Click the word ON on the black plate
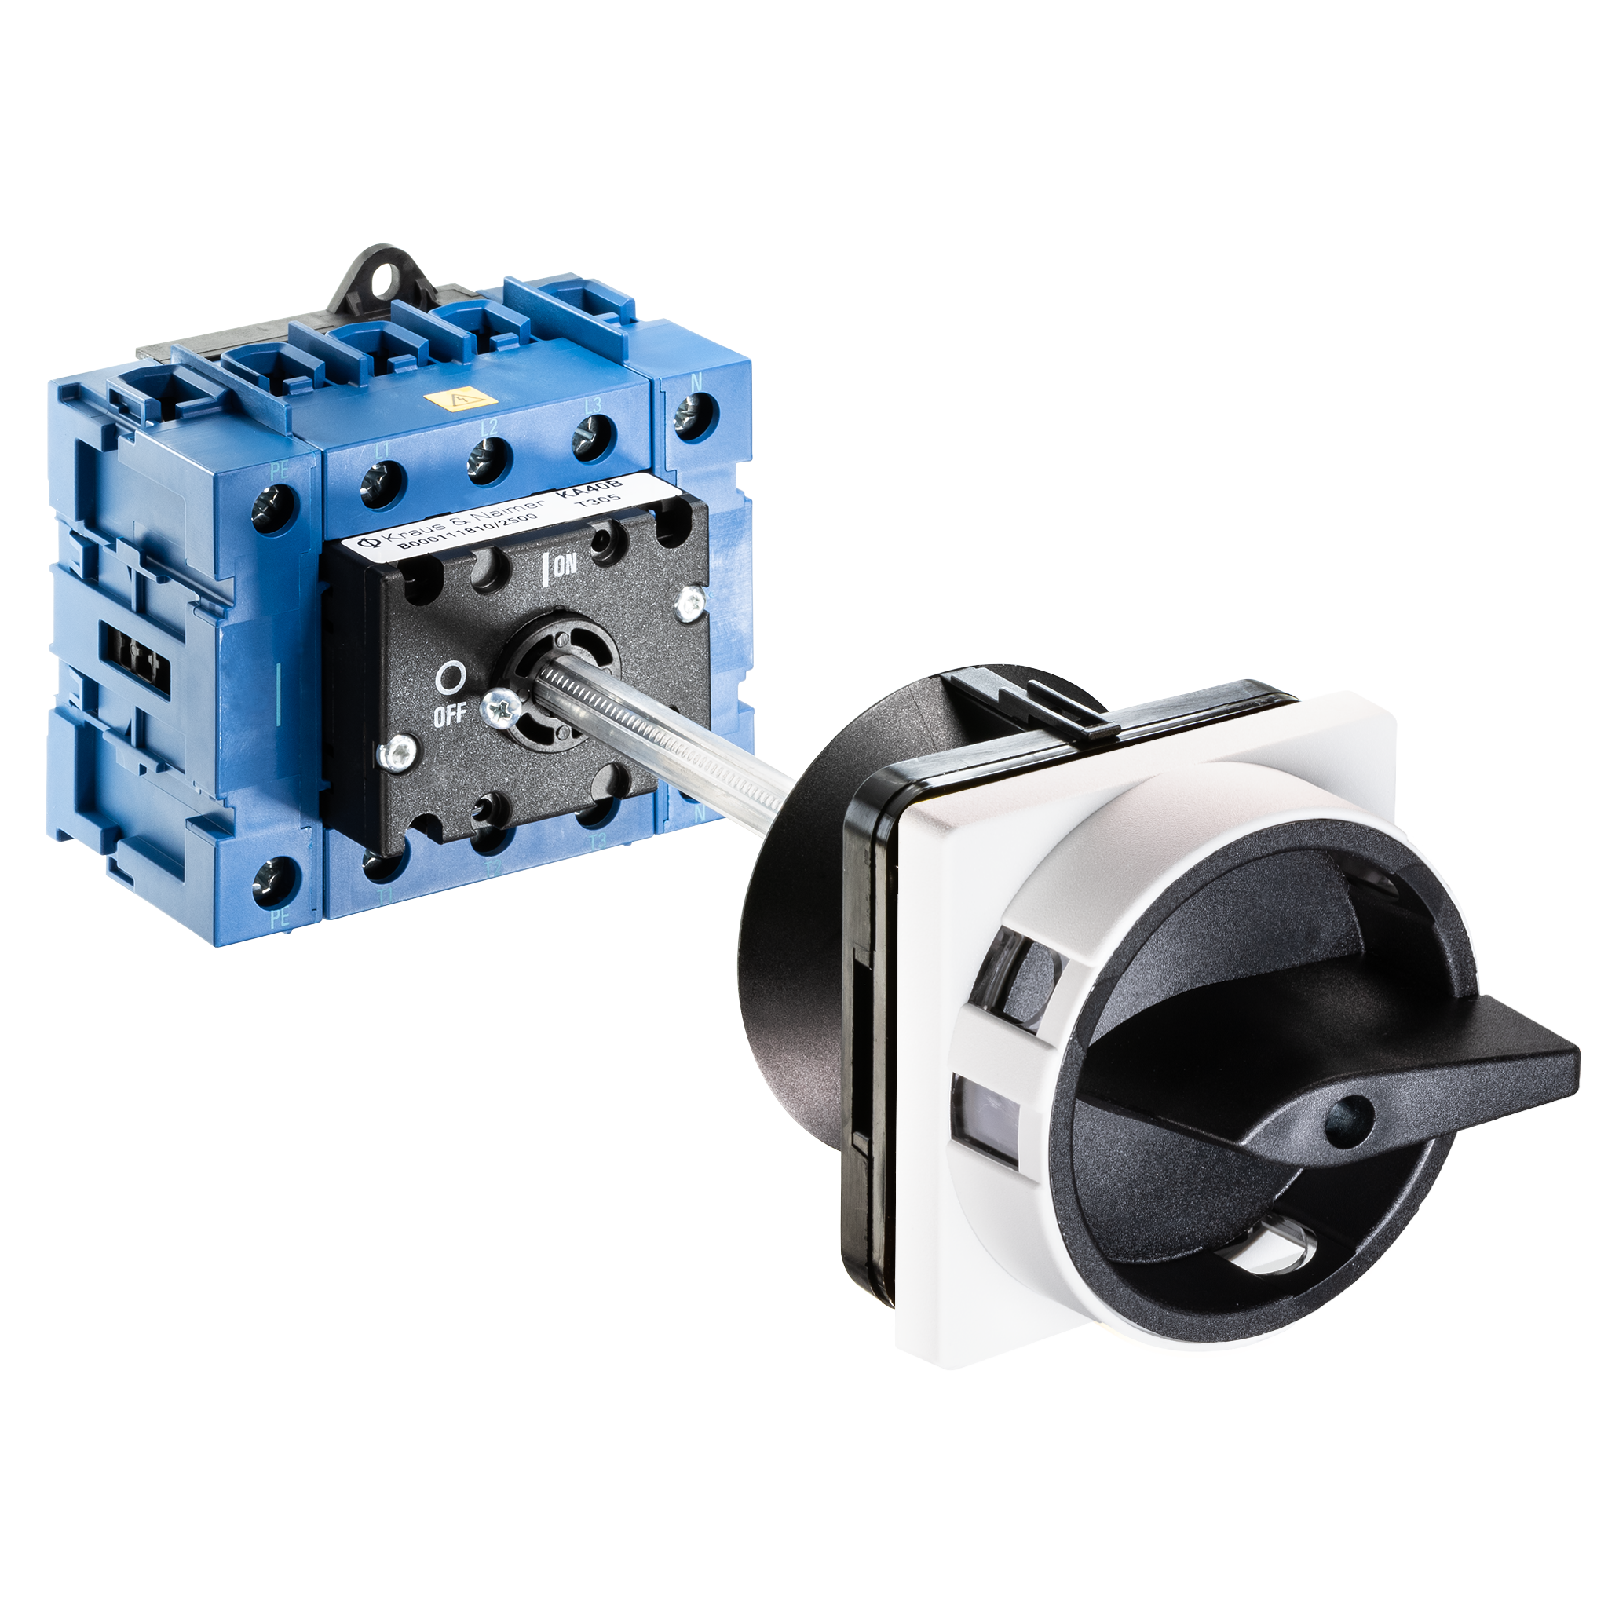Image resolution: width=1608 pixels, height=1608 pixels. pyautogui.click(x=565, y=566)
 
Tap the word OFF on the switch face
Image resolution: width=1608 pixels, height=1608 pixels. pyautogui.click(x=449, y=715)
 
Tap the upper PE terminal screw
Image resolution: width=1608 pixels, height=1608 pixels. pyautogui.click(x=275, y=506)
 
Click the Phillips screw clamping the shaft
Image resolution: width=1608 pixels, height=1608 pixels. pyautogui.click(x=504, y=708)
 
